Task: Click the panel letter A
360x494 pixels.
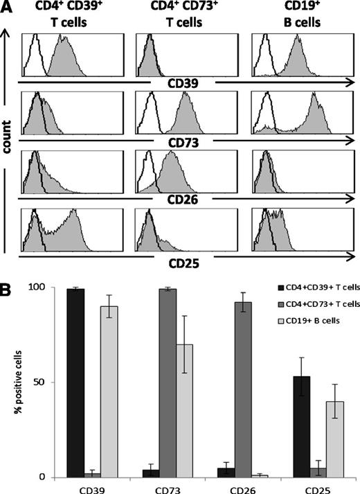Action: tap(8, 7)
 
